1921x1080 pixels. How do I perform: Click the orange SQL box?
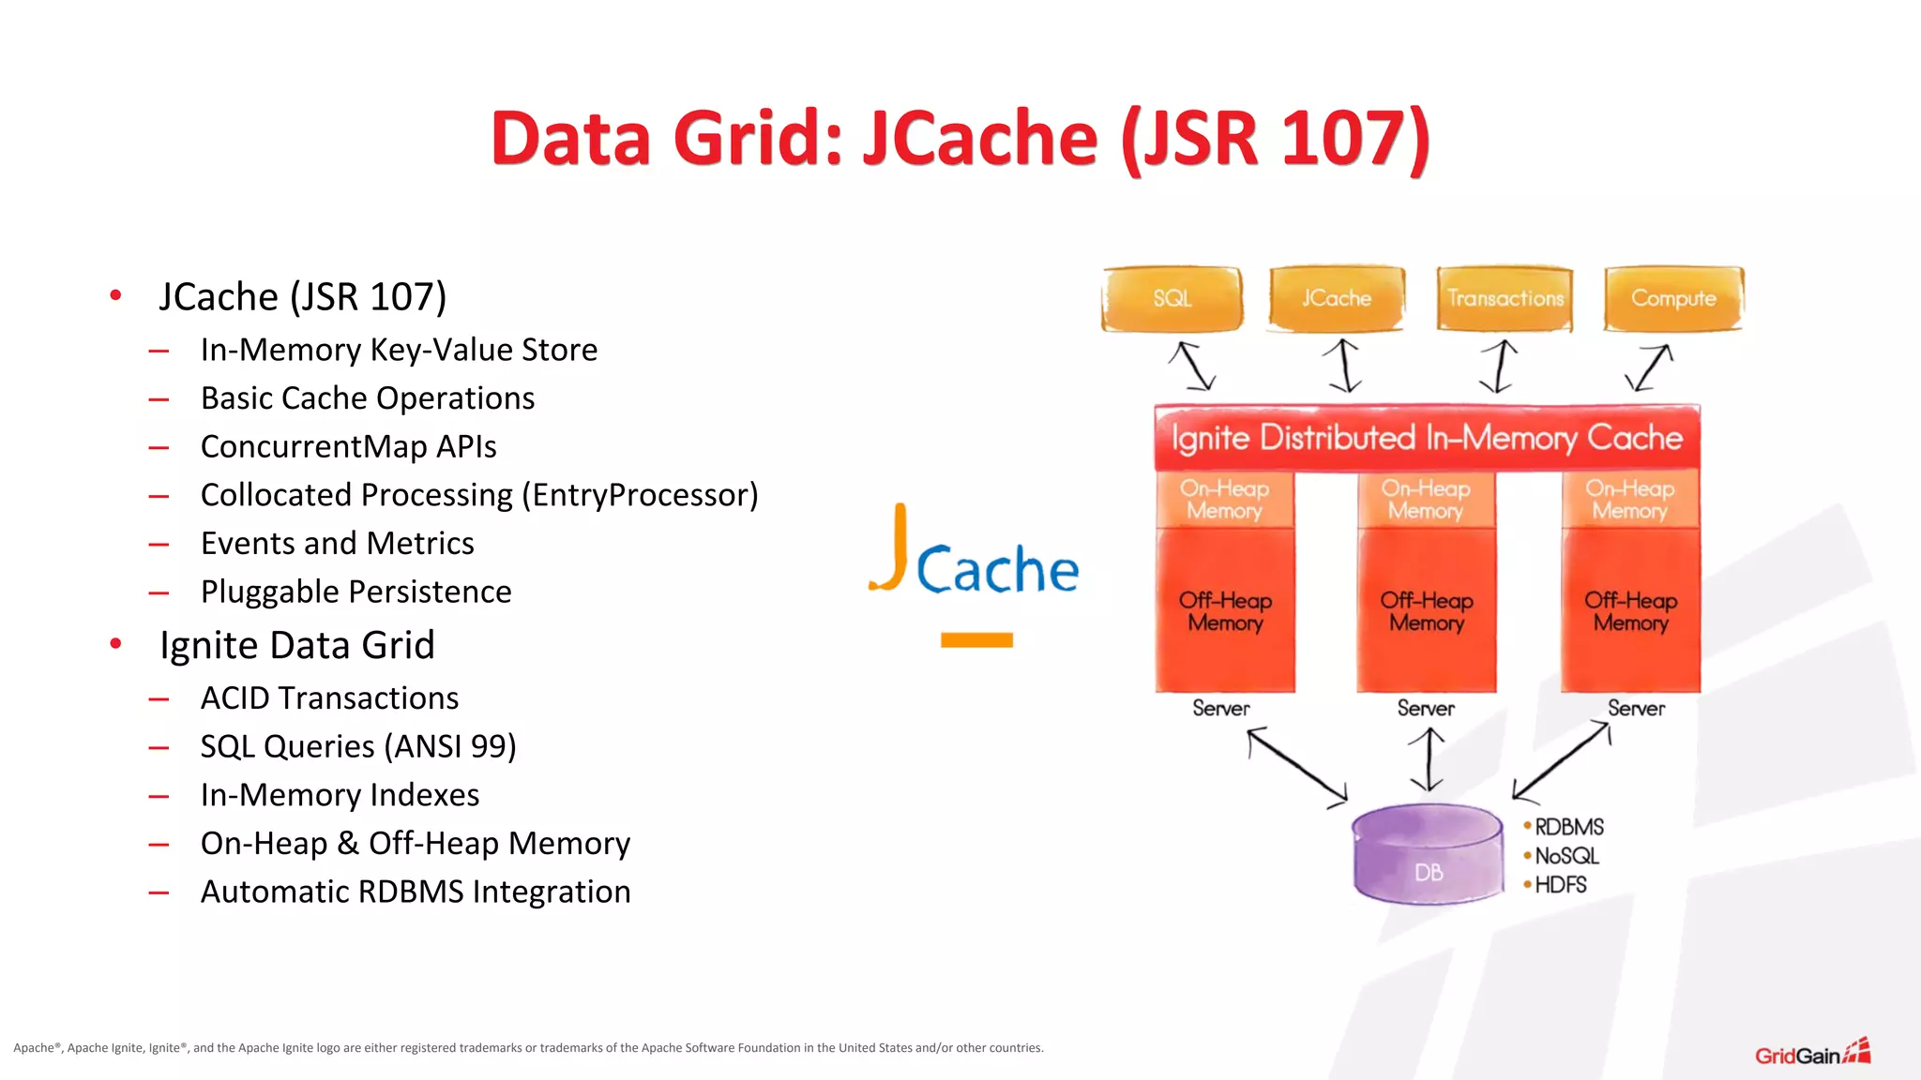(x=1172, y=299)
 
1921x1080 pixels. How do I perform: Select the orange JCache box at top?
(x=1337, y=299)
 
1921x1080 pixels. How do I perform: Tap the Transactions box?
(x=1505, y=299)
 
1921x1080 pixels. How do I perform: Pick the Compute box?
(x=1673, y=299)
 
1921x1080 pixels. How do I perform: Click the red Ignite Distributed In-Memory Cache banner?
(x=1427, y=438)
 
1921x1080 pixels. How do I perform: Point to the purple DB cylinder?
(x=1428, y=855)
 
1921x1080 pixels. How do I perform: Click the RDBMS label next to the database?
(x=1568, y=827)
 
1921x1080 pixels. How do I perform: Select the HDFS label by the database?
(x=1560, y=885)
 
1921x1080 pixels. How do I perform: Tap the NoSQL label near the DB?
(x=1566, y=856)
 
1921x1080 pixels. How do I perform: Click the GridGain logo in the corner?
(x=1811, y=1054)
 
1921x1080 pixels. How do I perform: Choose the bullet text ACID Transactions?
(x=329, y=698)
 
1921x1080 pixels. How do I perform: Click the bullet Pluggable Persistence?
(x=355, y=592)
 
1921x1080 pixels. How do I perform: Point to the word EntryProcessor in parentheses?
(x=641, y=495)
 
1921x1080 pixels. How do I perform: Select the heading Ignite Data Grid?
(x=296, y=646)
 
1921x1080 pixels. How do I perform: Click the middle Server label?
(x=1426, y=709)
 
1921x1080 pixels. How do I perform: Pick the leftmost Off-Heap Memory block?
(x=1225, y=611)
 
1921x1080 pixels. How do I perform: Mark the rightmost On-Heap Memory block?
(x=1630, y=500)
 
